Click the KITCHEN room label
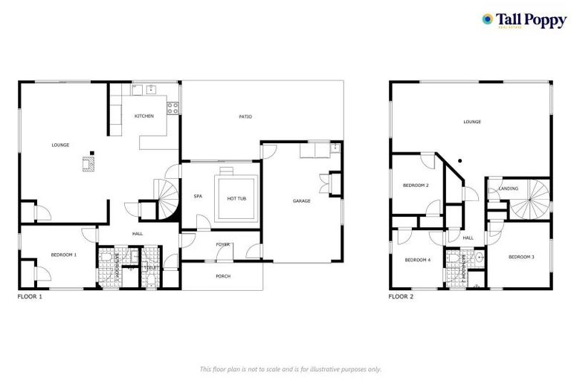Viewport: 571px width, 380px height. pyautogui.click(x=143, y=117)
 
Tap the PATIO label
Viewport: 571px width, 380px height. pyautogui.click(x=245, y=117)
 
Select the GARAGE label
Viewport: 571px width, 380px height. pyautogui.click(x=301, y=200)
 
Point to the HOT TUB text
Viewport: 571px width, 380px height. pyautogui.click(x=237, y=198)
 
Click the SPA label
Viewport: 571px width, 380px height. pyautogui.click(x=198, y=197)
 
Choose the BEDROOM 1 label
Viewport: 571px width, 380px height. pyautogui.click(x=63, y=255)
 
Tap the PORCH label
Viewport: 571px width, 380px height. pyautogui.click(x=223, y=276)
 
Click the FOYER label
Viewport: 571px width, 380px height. pyautogui.click(x=222, y=244)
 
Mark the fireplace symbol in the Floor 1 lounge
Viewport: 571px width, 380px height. pyautogui.click(x=88, y=163)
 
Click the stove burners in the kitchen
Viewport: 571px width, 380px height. pyautogui.click(x=173, y=107)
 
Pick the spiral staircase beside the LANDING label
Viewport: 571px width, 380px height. pyautogui.click(x=532, y=196)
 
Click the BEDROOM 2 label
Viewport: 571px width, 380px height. pyautogui.click(x=416, y=185)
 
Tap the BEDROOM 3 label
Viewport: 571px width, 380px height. pyautogui.click(x=520, y=256)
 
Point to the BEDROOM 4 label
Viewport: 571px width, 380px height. pyautogui.click(x=417, y=260)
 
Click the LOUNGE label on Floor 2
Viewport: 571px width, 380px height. pyautogui.click(x=472, y=122)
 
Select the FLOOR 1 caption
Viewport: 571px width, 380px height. pyautogui.click(x=30, y=296)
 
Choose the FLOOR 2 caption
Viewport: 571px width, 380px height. pyautogui.click(x=401, y=296)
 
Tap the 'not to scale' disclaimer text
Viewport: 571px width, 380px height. pyautogui.click(x=291, y=369)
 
